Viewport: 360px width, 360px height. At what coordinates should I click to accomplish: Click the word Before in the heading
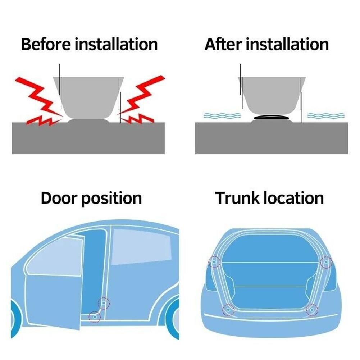click(46, 44)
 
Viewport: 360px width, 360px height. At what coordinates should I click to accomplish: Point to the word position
click(112, 199)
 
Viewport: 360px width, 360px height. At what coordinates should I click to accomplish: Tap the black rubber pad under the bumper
click(272, 117)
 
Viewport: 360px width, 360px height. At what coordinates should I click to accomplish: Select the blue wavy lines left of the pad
click(222, 115)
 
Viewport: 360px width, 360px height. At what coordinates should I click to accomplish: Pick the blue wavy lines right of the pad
click(326, 115)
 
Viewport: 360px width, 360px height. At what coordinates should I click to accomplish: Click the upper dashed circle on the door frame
click(104, 303)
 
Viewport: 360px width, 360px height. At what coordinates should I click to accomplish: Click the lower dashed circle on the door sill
click(95, 317)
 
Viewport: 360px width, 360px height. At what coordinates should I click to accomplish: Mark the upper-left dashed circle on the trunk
click(214, 262)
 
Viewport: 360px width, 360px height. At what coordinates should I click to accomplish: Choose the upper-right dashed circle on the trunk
click(326, 262)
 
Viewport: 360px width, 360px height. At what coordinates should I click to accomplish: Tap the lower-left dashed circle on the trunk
click(228, 310)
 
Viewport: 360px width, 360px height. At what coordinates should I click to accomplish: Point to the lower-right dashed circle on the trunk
click(312, 310)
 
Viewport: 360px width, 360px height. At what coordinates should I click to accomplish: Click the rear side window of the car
click(141, 247)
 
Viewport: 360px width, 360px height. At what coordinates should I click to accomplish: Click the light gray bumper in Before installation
click(88, 97)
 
